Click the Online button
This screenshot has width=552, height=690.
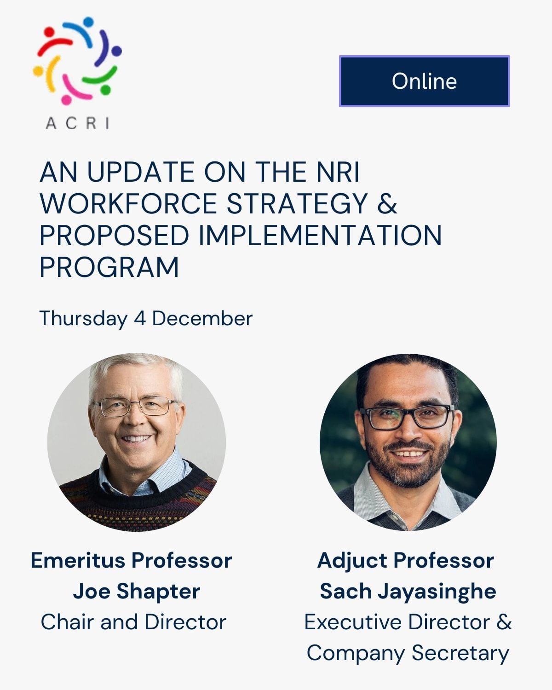click(x=424, y=81)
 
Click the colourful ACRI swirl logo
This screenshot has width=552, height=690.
click(x=77, y=60)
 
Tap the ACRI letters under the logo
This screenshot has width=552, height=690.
click(x=77, y=123)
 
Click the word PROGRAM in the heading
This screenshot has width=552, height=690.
click(x=109, y=267)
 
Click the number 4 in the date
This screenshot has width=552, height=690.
click(x=139, y=318)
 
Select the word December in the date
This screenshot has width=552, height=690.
click(x=202, y=318)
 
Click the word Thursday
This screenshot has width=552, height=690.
click(x=83, y=318)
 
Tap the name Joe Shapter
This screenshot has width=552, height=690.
click(x=136, y=591)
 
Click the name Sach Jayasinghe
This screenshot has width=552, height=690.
click(x=408, y=591)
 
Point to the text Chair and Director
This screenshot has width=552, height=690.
click(x=133, y=622)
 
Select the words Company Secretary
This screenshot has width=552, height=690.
click(x=408, y=653)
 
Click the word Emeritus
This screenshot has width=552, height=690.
click(x=78, y=560)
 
